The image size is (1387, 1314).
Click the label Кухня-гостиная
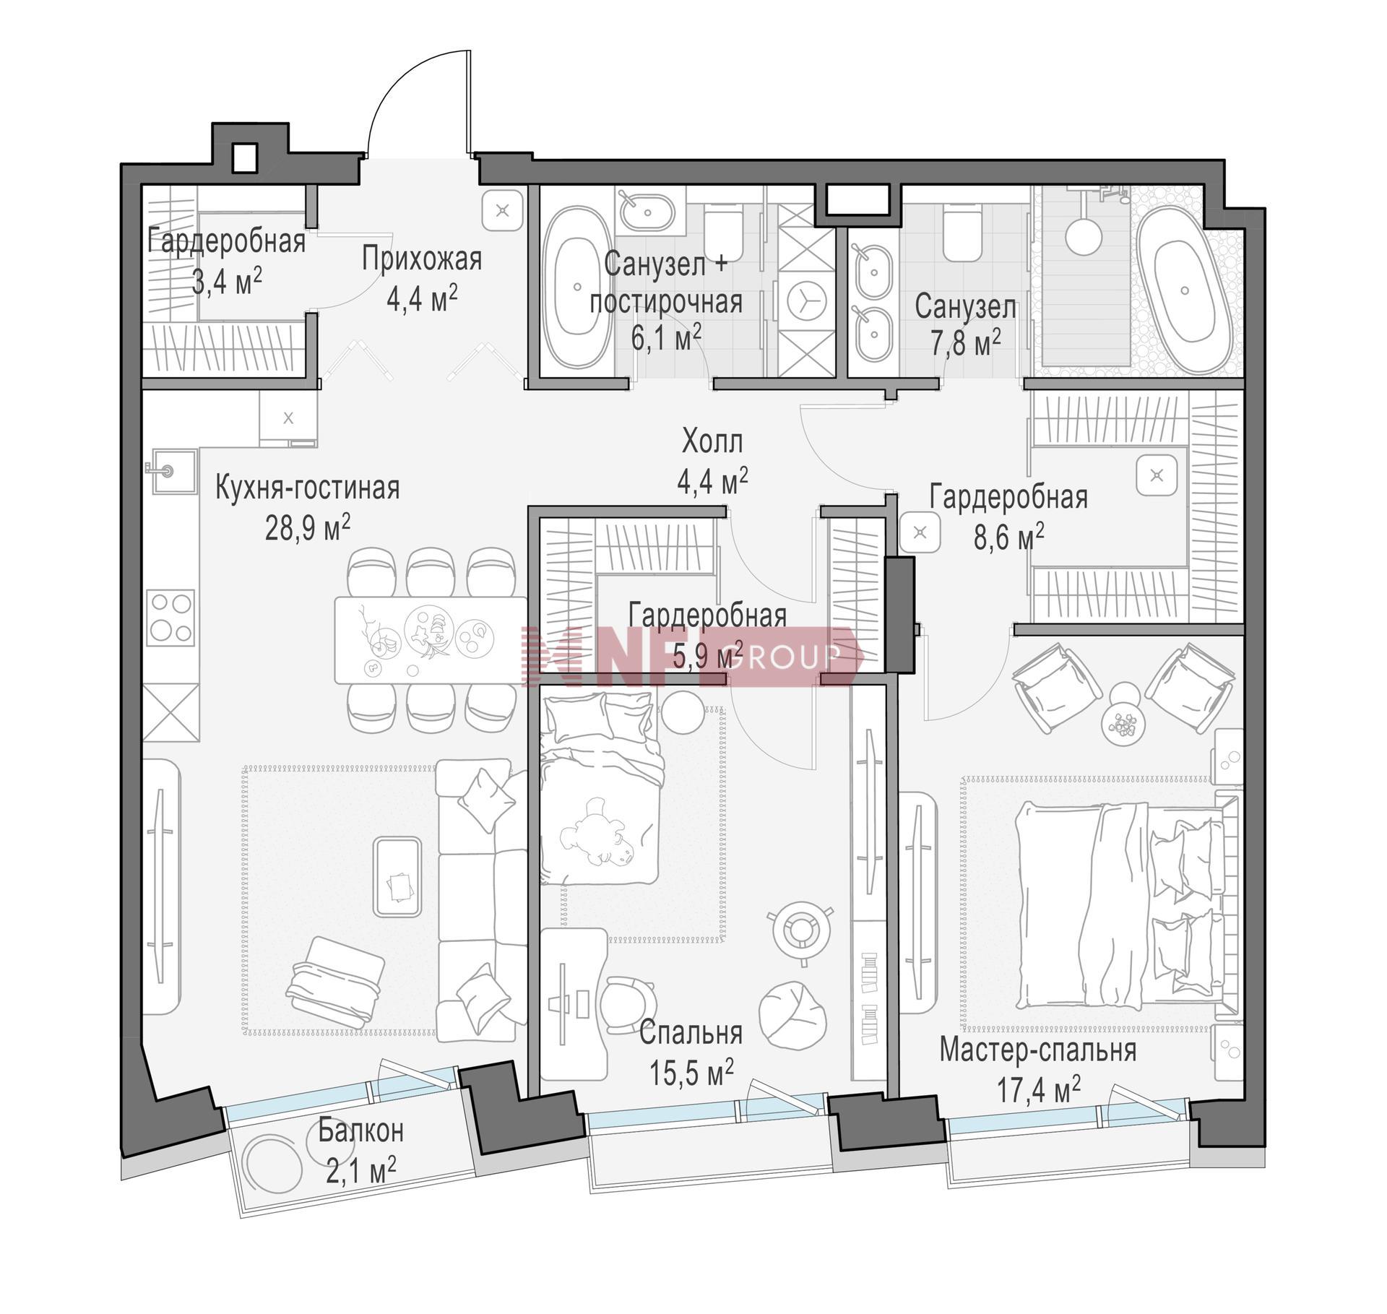point(308,488)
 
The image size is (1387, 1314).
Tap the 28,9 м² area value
point(308,529)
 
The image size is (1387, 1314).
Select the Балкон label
point(361,1131)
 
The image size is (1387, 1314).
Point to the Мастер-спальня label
point(1038,1051)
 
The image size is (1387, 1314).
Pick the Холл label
point(712,441)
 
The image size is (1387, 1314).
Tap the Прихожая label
point(422,259)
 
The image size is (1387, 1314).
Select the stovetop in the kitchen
point(170,618)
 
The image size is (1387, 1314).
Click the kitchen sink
point(173,472)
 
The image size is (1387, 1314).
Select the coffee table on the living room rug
point(397,877)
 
